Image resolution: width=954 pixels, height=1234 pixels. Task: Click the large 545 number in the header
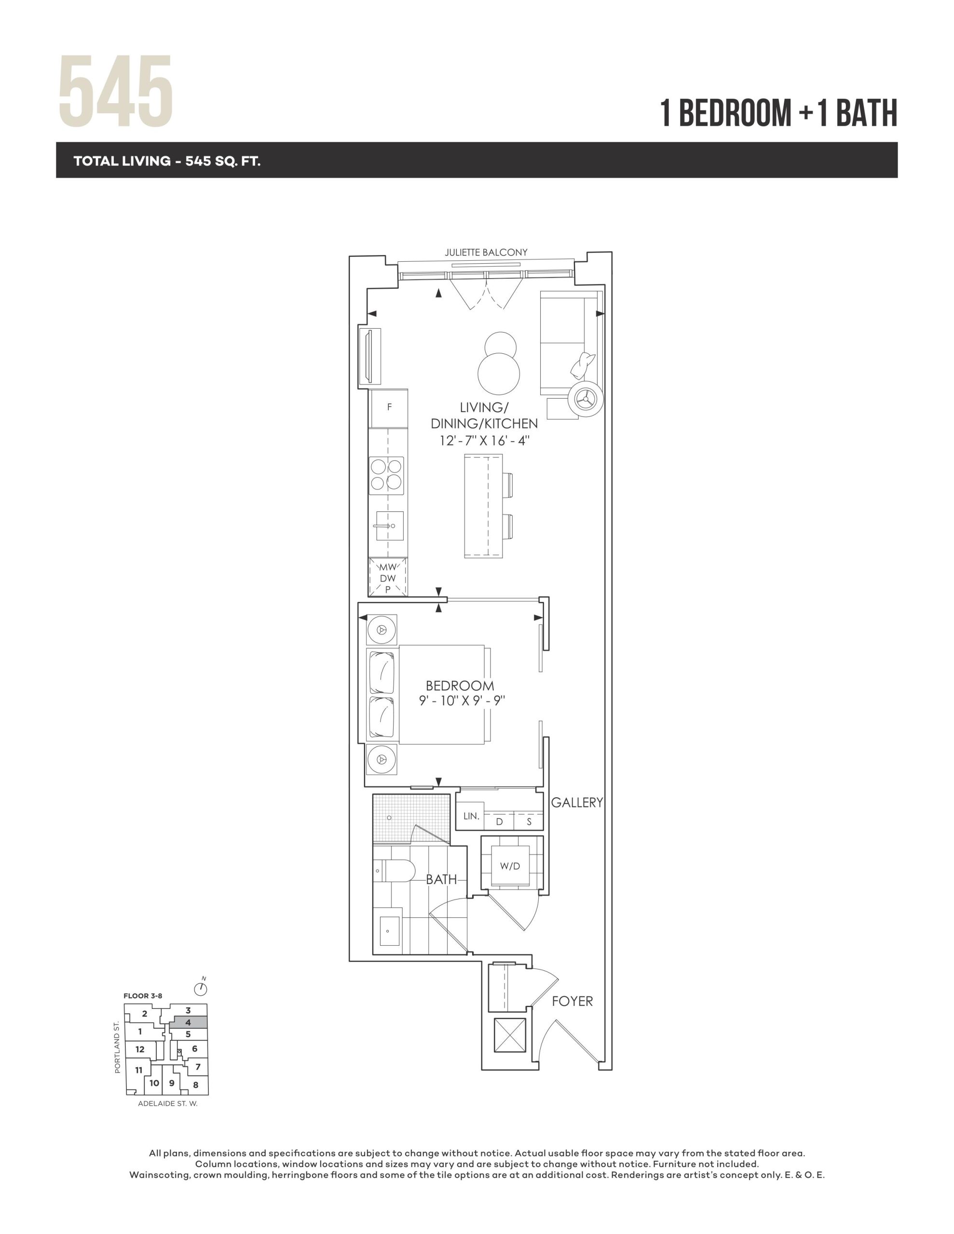point(116,92)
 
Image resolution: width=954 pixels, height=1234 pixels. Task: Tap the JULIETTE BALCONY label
point(486,253)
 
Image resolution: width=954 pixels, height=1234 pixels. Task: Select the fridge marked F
point(389,408)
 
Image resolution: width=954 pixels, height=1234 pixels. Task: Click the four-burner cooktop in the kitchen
point(387,475)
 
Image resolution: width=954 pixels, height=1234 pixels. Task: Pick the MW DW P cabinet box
point(388,577)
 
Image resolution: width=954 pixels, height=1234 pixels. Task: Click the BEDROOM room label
point(460,685)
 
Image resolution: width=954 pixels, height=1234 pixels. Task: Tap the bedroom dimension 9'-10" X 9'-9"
point(462,700)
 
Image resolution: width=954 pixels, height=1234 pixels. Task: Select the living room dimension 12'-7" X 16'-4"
point(485,441)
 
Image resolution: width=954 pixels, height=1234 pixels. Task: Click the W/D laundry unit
point(510,866)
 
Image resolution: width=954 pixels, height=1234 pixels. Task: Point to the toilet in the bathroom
point(394,871)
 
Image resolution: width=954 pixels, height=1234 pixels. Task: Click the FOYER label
point(572,1001)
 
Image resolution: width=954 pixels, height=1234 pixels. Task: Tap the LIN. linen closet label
point(471,816)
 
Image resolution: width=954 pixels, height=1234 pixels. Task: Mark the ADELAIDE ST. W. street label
point(168,1103)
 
